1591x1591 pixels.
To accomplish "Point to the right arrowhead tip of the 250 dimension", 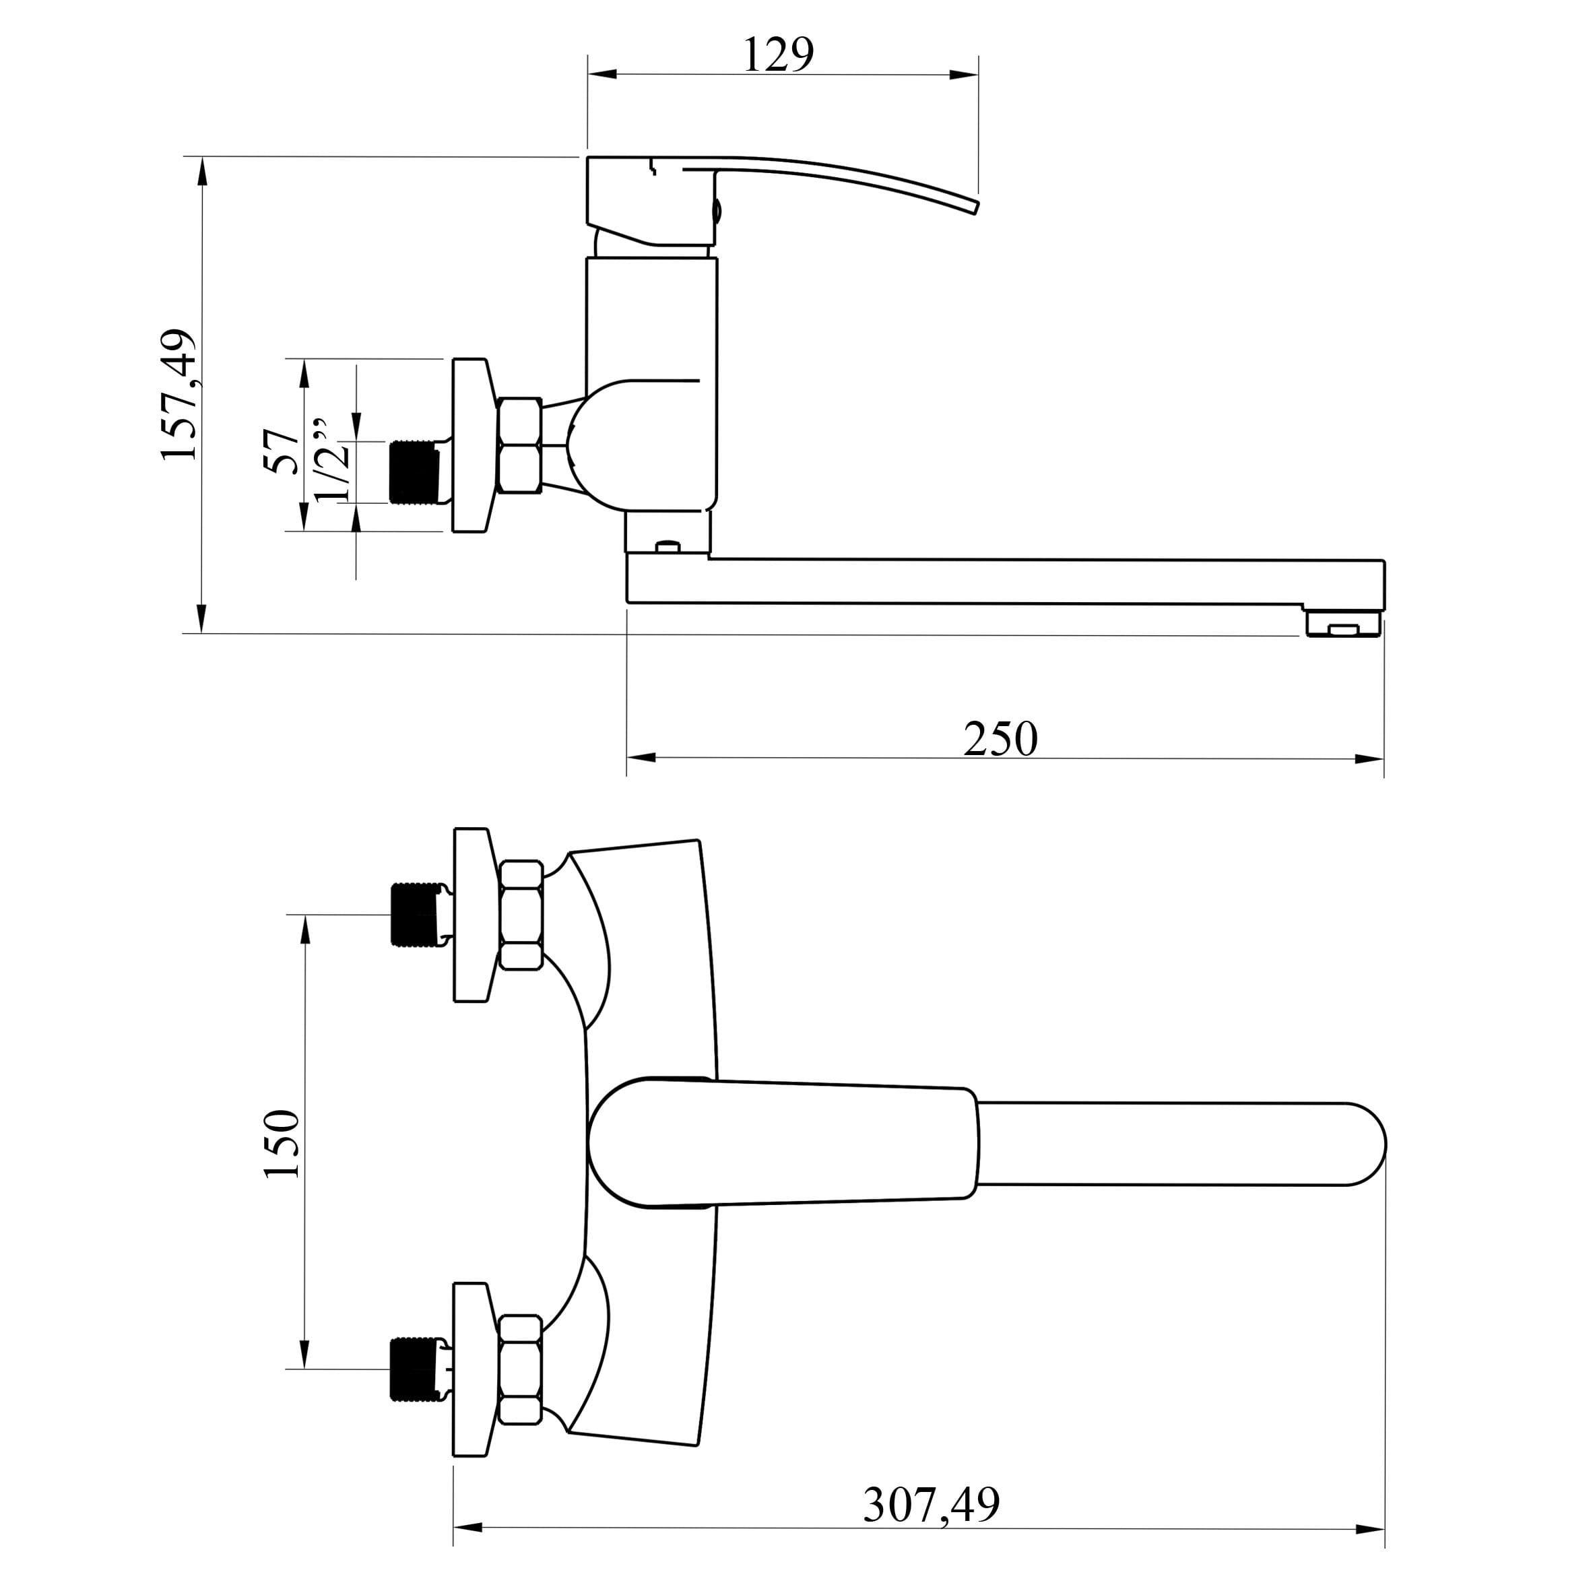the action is [1384, 758].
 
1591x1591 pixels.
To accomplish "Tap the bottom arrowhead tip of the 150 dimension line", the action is [306, 1369].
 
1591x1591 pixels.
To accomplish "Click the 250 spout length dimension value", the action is [1000, 739].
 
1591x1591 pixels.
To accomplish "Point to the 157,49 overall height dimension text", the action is [180, 395].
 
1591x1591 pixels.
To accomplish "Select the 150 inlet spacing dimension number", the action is [282, 1144].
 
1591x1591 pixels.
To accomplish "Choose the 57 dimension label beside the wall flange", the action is [282, 451].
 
